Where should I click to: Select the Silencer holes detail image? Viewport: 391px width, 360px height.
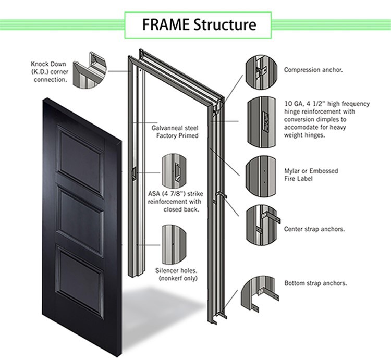[x=175, y=243]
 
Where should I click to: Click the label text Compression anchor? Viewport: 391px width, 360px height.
[x=313, y=69]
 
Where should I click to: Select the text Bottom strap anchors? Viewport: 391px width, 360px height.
[x=315, y=283]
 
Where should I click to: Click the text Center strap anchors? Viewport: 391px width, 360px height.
[x=314, y=229]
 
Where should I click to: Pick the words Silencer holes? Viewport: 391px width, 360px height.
[x=175, y=271]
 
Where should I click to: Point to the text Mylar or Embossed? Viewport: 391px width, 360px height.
[x=311, y=171]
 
